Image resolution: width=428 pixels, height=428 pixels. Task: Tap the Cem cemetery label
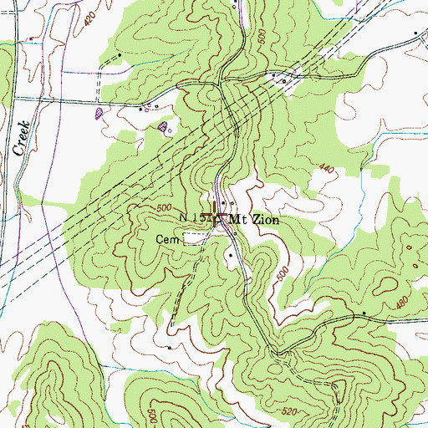point(167,238)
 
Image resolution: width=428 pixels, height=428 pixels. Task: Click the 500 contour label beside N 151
point(165,207)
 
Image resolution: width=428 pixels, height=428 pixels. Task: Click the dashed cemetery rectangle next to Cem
point(194,238)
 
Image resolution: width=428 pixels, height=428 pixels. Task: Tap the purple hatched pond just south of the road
point(163,127)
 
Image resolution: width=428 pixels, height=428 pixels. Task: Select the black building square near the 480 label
point(365,313)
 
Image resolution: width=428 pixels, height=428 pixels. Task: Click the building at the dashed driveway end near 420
point(121,55)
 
